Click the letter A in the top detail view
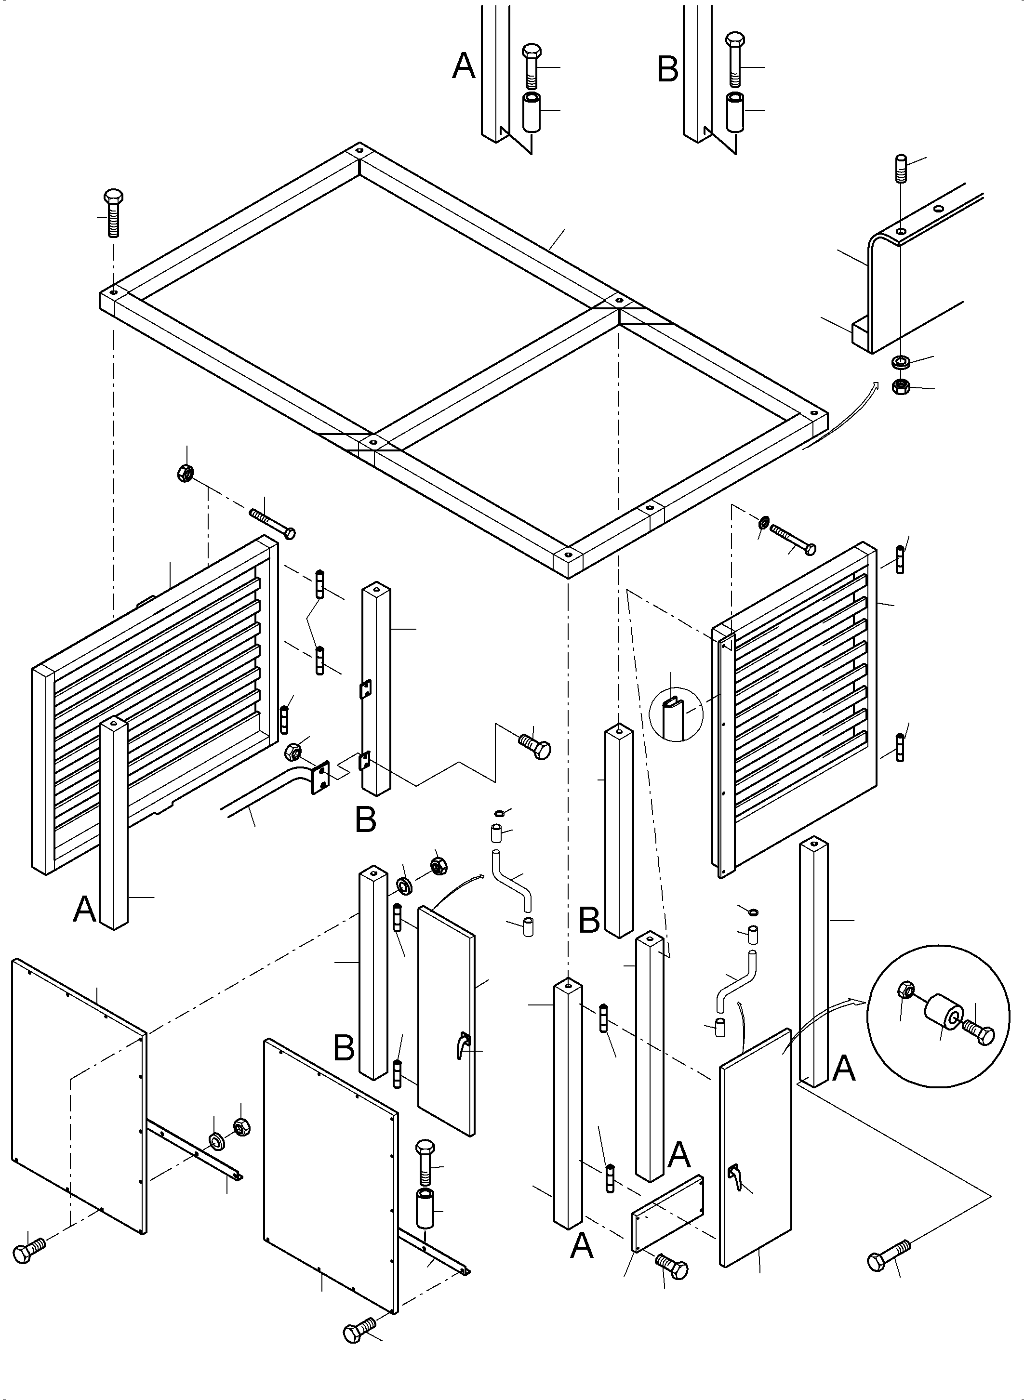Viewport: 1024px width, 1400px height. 464,67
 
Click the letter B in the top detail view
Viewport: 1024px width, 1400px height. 667,69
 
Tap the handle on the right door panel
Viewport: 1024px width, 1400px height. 734,1175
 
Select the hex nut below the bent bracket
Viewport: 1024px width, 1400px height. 899,387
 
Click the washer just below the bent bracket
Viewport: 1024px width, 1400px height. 899,361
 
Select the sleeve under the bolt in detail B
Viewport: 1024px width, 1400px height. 735,112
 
